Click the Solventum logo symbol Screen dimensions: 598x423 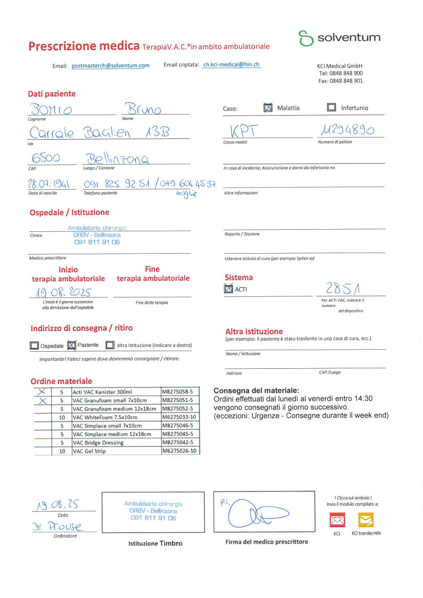306,38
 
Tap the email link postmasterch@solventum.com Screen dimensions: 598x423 110,66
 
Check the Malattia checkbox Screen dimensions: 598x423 268,108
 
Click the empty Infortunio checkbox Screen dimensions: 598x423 331,108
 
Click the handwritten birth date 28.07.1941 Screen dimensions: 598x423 49,184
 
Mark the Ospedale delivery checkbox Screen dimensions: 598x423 35,345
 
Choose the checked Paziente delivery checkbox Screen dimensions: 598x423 72,345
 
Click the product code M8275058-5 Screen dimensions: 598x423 180,391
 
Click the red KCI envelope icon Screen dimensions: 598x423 338,519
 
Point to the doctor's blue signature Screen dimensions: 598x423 255,514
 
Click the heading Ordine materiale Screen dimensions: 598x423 61,381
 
